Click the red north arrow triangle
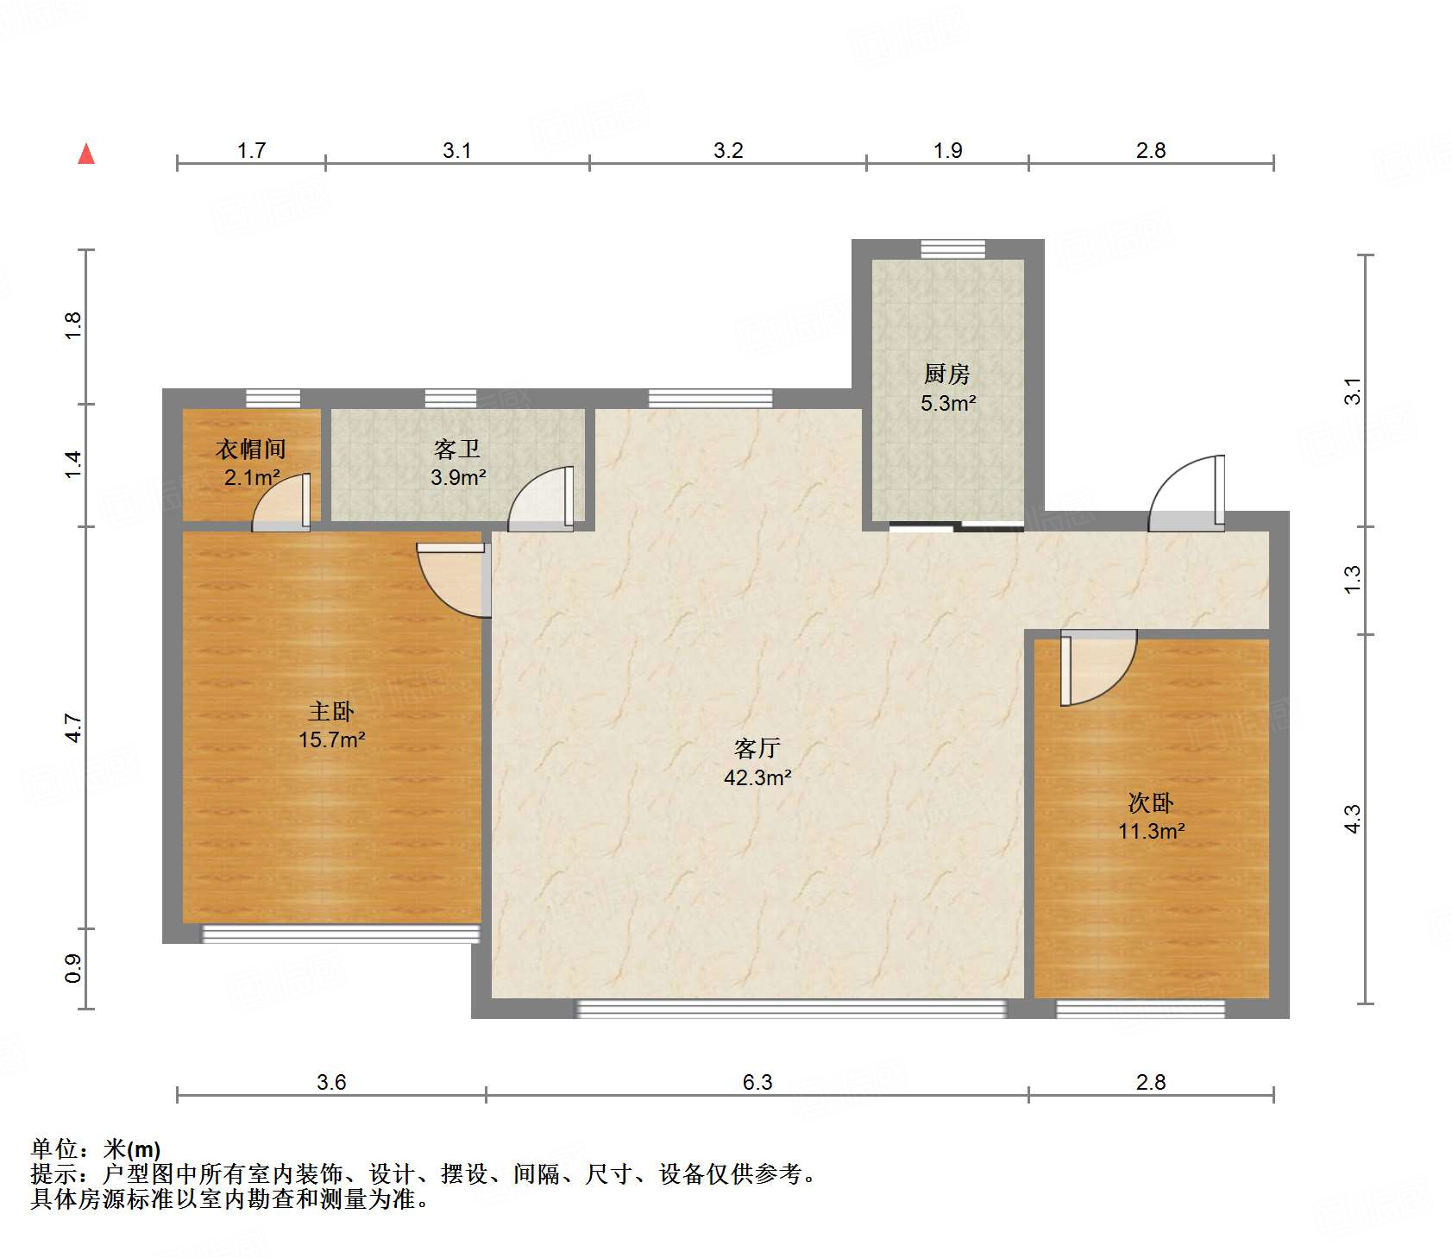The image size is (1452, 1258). [86, 154]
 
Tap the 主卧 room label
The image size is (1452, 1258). [331, 711]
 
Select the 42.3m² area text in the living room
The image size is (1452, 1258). [757, 777]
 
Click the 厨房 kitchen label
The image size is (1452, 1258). [947, 374]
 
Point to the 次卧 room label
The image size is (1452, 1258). [1151, 802]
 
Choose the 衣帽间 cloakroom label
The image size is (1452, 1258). [251, 449]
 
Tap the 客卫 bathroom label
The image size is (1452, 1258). [457, 449]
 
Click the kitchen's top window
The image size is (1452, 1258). [952, 248]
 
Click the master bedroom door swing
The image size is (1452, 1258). [454, 580]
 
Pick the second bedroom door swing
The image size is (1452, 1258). [1098, 668]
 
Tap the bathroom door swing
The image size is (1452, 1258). [541, 499]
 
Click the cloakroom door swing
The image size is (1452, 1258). [281, 502]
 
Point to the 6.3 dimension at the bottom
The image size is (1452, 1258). [757, 1082]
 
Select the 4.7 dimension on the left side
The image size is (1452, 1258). [74, 728]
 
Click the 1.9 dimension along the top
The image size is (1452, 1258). [947, 150]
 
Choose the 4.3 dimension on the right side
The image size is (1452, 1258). [1352, 819]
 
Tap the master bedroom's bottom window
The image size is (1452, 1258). [341, 934]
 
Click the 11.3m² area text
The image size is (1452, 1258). [1151, 831]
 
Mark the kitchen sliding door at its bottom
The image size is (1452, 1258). [957, 526]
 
